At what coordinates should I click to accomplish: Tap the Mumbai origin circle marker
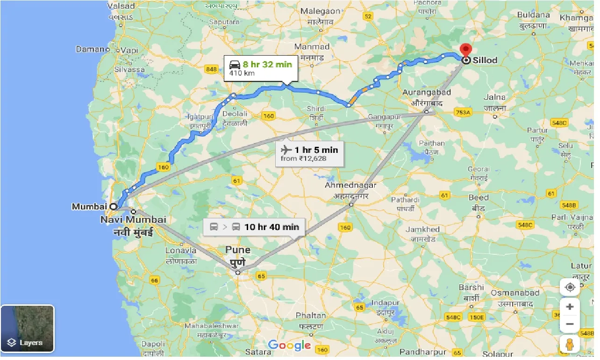(113, 206)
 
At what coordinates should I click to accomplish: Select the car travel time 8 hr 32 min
(267, 65)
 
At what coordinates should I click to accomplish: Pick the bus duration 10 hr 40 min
(271, 227)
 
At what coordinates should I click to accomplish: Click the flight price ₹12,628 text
(303, 159)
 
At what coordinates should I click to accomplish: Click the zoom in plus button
(570, 307)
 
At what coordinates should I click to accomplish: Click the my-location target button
(570, 287)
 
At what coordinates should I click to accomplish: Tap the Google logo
(289, 346)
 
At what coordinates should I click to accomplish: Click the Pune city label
(237, 250)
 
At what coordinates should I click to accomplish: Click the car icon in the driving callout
(235, 65)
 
